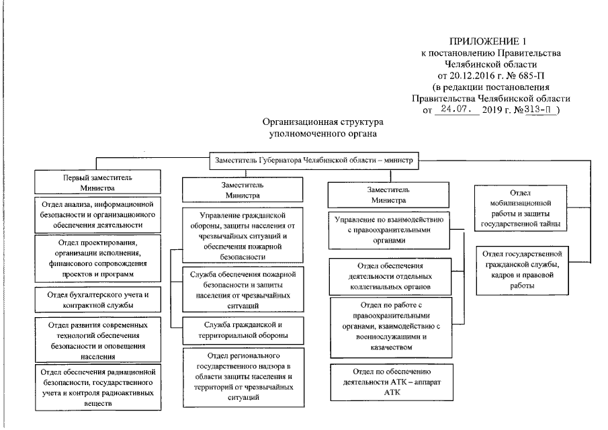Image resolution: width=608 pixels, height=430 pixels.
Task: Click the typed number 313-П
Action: pyautogui.click(x=541, y=110)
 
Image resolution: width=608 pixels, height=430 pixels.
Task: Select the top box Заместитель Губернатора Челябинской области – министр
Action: pyautogui.click(x=314, y=162)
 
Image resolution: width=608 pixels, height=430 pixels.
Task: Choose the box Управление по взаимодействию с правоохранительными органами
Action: pyautogui.click(x=388, y=229)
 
